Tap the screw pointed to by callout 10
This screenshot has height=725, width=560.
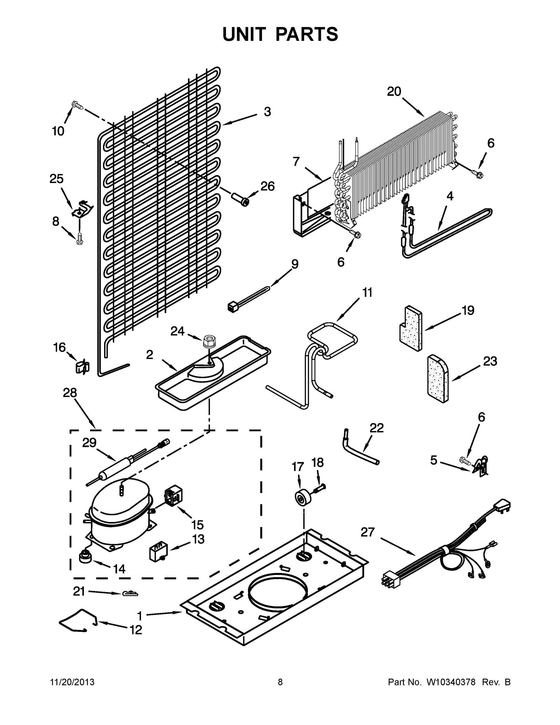pos(77,105)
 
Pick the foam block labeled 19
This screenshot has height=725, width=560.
pos(411,328)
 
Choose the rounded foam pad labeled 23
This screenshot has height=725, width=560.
pos(437,379)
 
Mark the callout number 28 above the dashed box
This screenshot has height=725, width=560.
pos(70,393)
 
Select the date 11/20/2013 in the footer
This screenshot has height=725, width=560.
pos(72,682)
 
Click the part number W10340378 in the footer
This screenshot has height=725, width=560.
pos(451,682)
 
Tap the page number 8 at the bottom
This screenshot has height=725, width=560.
pos(280,682)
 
